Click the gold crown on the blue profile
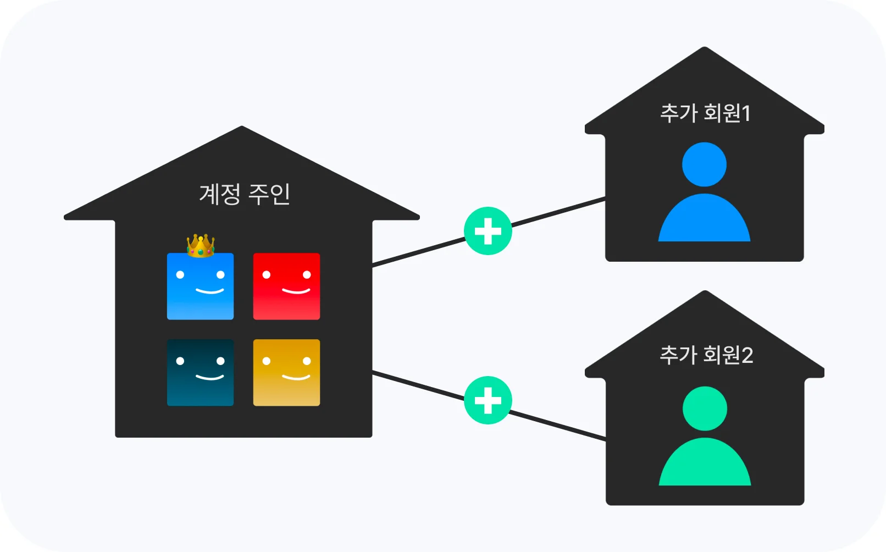click(201, 246)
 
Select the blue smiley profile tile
click(200, 286)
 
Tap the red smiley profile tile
click(286, 286)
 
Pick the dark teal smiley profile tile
click(200, 372)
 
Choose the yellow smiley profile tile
click(286, 372)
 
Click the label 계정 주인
click(244, 194)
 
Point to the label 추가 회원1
click(705, 113)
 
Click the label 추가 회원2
click(706, 355)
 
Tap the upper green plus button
click(488, 231)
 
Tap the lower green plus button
click(488, 400)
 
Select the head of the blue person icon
click(704, 164)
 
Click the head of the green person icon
click(705, 409)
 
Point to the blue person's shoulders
click(704, 220)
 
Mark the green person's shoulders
click(705, 465)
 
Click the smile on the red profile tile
click(296, 291)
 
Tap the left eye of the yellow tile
click(267, 361)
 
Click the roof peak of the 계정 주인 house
click(242, 130)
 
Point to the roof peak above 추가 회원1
click(705, 51)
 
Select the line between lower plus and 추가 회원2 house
click(558, 426)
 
